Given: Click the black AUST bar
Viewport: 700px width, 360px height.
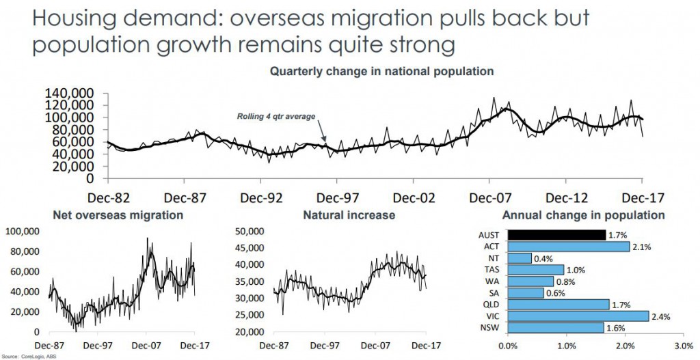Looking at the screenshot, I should point(556,235).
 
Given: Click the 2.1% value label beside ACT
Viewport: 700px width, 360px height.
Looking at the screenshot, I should point(641,246).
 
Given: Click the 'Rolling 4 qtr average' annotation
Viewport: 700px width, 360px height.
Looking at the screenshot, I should point(276,116).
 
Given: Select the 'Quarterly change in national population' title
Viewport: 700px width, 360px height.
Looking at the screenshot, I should point(381,70).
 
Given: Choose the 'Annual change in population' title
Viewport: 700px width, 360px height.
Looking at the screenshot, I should point(583,215).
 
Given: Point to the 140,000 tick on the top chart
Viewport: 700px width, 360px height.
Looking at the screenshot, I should point(71,93).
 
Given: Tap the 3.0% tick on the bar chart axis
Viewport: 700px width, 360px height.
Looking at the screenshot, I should point(684,346).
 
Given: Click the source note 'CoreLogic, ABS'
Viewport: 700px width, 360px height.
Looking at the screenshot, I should point(29,356).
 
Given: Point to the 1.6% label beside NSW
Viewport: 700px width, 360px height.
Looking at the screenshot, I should point(615,327).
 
